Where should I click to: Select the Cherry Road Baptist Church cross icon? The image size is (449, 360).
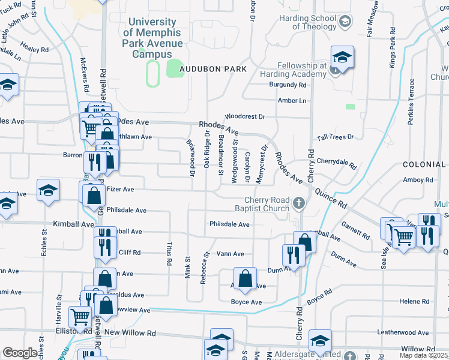coord(298,204)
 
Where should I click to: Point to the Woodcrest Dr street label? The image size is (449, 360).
coord(245,117)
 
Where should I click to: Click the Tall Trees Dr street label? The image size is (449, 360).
coord(336,137)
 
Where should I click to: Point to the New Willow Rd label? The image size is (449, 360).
coord(130,332)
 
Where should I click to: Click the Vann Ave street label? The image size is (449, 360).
coord(230,254)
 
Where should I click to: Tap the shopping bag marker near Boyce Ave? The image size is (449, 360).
coord(245,278)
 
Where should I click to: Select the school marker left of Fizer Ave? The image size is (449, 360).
coord(49,190)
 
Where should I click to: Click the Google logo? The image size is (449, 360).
coord(20,353)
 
